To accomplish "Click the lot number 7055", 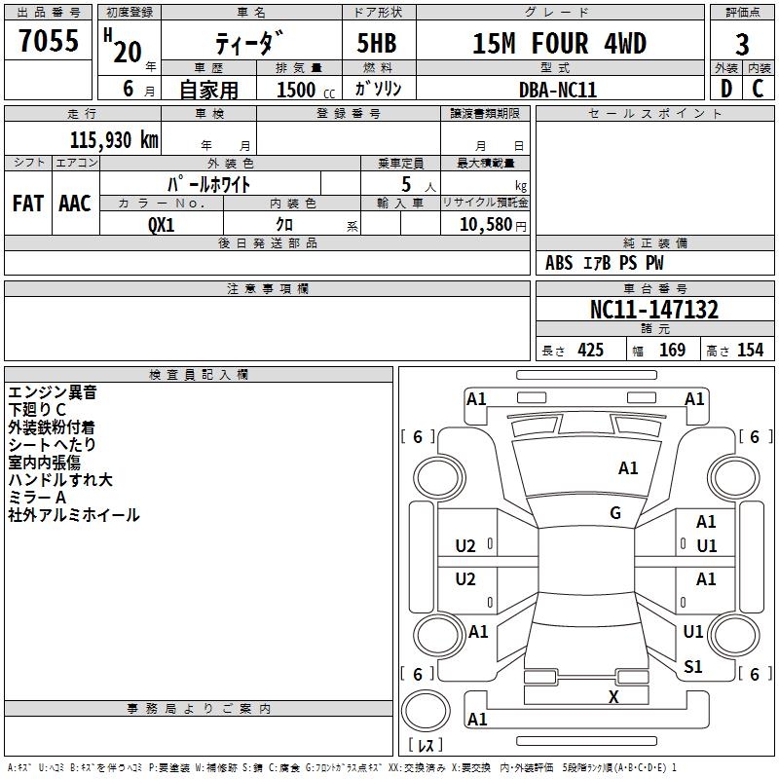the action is tap(49, 40).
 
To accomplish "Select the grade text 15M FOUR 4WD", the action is tap(559, 43).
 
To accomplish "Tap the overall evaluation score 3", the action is tap(742, 45).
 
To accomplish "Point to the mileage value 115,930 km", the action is tap(114, 139).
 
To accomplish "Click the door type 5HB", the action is tap(377, 43).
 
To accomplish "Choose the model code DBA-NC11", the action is tap(557, 90).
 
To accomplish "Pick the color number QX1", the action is tap(162, 225).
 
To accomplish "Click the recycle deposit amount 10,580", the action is tap(486, 225).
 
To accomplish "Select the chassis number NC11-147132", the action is tap(654, 310).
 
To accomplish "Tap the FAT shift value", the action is tap(28, 204).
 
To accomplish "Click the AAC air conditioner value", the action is tap(75, 204).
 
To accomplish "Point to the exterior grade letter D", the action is tap(726, 89).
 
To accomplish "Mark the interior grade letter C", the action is tap(758, 89).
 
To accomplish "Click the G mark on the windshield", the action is tap(615, 513).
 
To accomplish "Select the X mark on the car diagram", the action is tap(613, 697).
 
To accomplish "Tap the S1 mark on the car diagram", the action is tap(692, 667).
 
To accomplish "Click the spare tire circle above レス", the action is tap(426, 711).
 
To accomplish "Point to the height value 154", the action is tap(750, 350).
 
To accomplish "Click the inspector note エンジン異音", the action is tap(53, 392).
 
